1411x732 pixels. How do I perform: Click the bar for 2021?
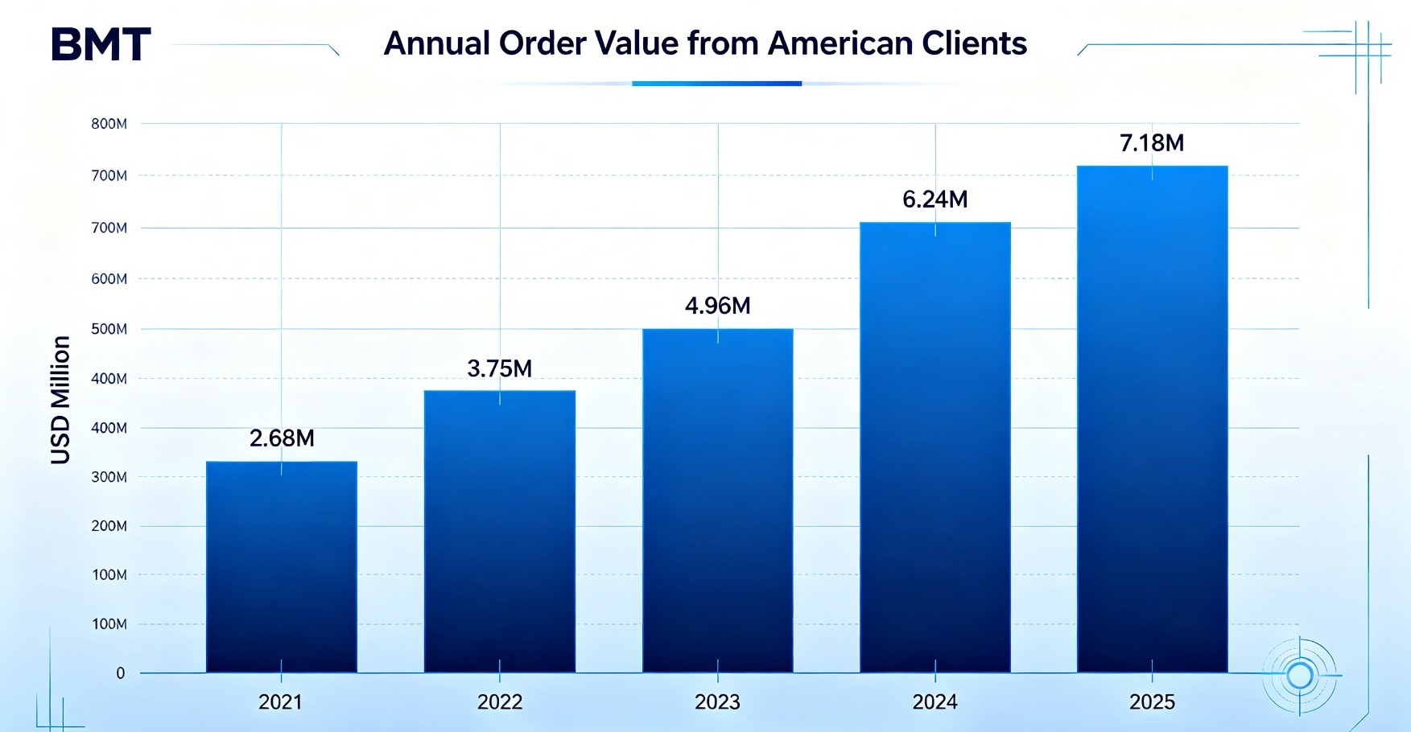coord(282,567)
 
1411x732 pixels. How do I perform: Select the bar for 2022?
coord(500,532)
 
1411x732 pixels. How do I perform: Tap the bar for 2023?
coord(718,500)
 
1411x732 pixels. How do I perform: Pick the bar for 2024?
coord(935,447)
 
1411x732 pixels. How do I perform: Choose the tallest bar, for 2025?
coord(1153,419)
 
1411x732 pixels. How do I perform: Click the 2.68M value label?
coord(282,438)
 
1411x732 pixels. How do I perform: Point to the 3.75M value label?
coord(500,368)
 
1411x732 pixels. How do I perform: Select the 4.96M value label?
coord(718,306)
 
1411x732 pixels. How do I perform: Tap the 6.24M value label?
coord(935,199)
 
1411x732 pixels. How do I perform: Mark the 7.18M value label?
coord(1152,143)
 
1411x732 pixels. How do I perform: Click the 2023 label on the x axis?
coord(717,702)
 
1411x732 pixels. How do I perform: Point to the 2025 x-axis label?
coord(1152,702)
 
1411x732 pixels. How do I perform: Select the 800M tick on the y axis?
coord(109,124)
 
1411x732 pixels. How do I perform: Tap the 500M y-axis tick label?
coord(109,329)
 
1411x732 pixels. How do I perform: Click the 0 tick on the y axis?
coord(121,673)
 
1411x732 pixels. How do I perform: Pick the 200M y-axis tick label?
coord(109,526)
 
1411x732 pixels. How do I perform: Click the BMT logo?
coord(101,44)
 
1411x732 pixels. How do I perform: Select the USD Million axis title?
coord(60,400)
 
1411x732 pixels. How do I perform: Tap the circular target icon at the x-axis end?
coord(1299,676)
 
